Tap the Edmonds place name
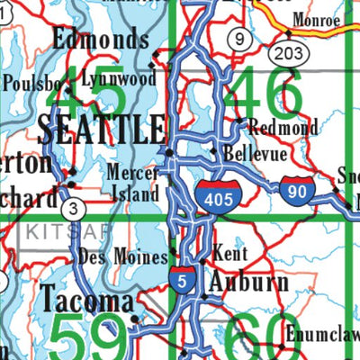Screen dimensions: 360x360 tap(100, 39)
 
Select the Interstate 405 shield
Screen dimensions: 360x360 tap(219, 194)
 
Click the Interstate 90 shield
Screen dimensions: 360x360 tap(297, 190)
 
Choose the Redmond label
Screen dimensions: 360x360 tap(282, 128)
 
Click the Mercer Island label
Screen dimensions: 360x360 tap(134, 182)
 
